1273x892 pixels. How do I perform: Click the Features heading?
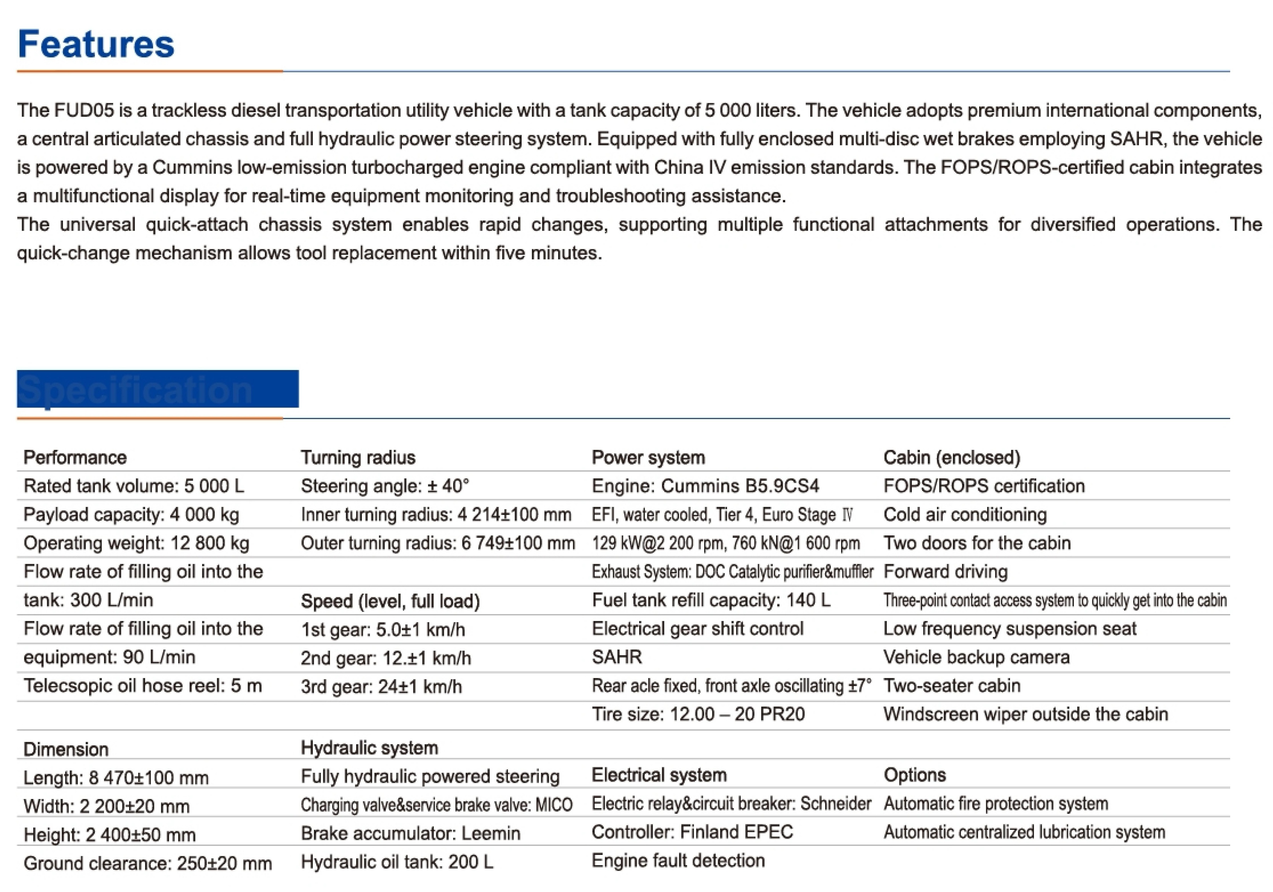point(96,44)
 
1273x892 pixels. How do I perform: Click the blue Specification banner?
point(157,389)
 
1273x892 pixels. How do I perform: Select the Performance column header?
point(75,457)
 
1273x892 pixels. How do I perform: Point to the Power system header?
point(648,457)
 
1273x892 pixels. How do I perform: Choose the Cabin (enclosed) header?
point(951,457)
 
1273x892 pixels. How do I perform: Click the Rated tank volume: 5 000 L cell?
point(134,486)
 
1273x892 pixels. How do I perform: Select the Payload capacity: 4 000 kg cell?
point(131,515)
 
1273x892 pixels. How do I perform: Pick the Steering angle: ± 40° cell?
point(385,486)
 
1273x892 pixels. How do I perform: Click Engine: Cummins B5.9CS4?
point(705,486)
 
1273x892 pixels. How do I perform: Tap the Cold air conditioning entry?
point(965,515)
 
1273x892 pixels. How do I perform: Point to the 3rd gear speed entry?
point(381,686)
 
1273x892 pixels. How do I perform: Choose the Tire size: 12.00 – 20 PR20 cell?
point(698,714)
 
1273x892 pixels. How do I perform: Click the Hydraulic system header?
point(369,748)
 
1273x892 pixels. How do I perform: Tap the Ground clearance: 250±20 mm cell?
point(147,863)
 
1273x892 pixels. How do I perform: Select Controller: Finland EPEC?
point(692,832)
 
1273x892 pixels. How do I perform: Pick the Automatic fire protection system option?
point(996,804)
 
